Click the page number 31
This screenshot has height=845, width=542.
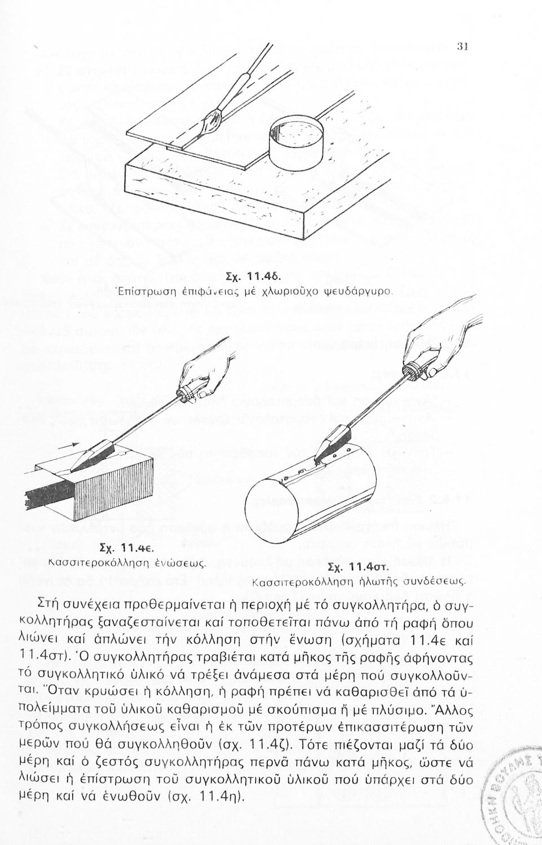461,47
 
